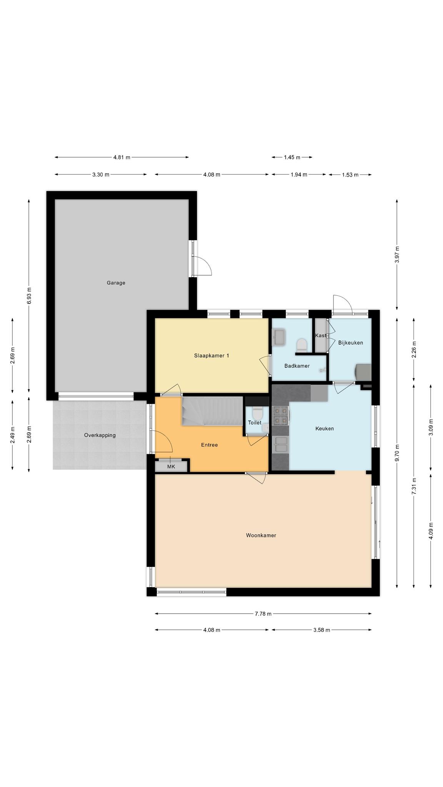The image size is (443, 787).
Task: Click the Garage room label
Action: pos(116,283)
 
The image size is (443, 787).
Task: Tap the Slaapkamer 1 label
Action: pos(212,356)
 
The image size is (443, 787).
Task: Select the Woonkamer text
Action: pos(261,535)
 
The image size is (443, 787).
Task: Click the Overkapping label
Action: pos(100,435)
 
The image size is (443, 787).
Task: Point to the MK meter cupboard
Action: pos(171,467)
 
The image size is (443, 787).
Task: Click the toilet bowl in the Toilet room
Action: pos(257,414)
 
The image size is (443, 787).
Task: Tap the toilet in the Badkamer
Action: pos(302,345)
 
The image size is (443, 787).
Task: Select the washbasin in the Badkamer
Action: pos(278,337)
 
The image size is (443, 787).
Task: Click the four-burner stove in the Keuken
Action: pos(280,416)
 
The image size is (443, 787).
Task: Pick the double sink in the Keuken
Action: pos(280,445)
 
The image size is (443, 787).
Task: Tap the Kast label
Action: pos(320,335)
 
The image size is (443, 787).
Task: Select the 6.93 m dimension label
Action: pos(29,296)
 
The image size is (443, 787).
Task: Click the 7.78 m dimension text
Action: pos(263,614)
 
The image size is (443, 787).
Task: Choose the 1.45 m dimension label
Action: pos(292,157)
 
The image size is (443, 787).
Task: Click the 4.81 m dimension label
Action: pos(122,157)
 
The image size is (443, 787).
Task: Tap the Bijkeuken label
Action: pos(351,343)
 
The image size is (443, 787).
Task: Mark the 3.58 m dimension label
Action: pos(321,630)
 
